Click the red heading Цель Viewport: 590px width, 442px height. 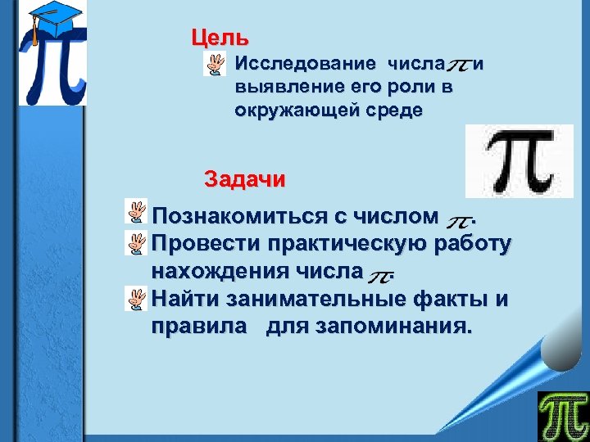[x=220, y=38]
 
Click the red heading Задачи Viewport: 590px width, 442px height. [x=245, y=179]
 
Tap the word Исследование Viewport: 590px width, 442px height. [x=287, y=63]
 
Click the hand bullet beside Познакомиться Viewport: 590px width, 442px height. [x=136, y=212]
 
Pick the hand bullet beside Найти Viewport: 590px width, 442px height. [x=136, y=298]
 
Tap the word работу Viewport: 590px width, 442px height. [x=476, y=243]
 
